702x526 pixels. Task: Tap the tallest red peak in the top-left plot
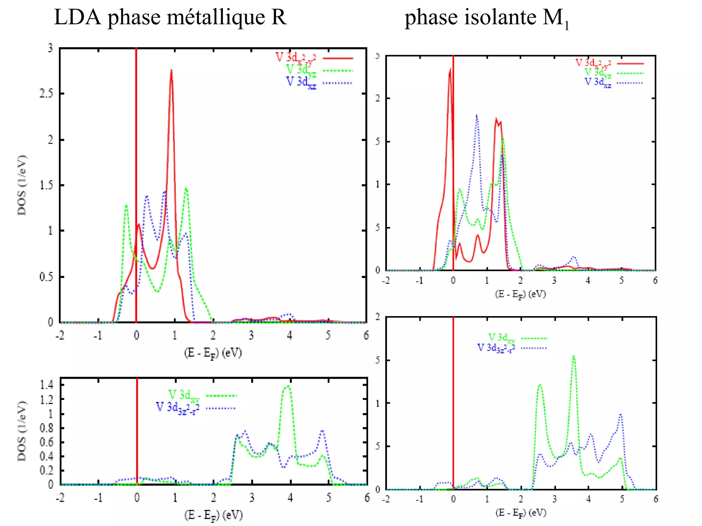point(171,71)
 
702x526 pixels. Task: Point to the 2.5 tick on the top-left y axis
point(46,93)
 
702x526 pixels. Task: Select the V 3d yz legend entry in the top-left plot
point(301,70)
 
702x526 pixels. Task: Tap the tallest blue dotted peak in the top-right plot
point(477,116)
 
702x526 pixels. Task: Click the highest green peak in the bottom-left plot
point(288,386)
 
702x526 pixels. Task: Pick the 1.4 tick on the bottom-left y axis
point(46,385)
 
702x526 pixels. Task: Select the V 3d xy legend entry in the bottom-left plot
point(184,396)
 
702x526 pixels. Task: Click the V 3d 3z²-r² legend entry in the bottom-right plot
point(496,348)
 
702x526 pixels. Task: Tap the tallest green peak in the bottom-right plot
point(573,356)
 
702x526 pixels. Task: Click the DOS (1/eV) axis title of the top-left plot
point(22,185)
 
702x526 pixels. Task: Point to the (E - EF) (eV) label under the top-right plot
point(520,295)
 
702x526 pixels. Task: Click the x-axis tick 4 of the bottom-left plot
point(290,498)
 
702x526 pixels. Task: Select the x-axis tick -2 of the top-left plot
point(60,336)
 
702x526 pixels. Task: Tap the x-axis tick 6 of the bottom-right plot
point(655,499)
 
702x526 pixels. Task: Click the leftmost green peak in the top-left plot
point(126,206)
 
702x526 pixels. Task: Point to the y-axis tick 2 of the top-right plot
point(378,99)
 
